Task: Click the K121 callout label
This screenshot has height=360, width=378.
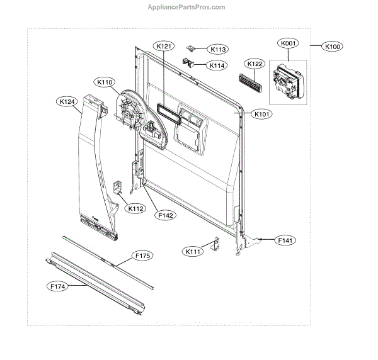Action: tap(163, 46)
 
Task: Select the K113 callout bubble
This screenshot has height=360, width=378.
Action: tap(219, 49)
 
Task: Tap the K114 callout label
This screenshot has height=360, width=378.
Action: tap(219, 65)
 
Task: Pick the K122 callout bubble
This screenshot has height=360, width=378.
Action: tap(255, 64)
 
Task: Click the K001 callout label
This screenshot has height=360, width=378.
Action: tap(288, 44)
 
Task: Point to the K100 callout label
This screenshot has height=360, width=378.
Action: tap(332, 47)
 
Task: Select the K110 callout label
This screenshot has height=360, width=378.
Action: tap(105, 82)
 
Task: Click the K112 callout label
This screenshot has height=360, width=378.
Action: tap(135, 208)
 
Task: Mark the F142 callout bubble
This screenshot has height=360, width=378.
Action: tap(166, 215)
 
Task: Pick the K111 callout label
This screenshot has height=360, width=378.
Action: tap(192, 252)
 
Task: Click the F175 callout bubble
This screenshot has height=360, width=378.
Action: tap(142, 256)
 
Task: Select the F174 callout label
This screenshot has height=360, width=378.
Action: tap(57, 286)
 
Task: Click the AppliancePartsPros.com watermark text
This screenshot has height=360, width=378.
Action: tap(189, 7)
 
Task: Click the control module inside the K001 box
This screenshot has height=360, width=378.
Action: tap(287, 81)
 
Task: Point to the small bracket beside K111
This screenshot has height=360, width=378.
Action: tap(214, 245)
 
